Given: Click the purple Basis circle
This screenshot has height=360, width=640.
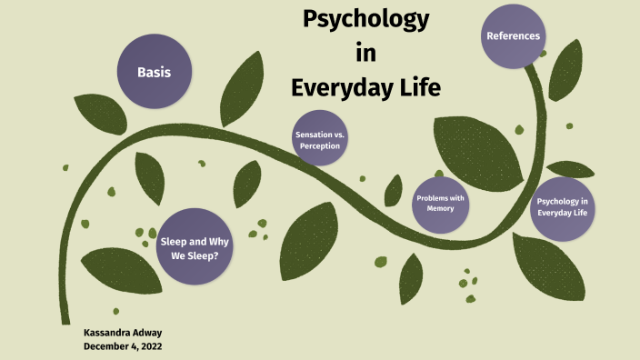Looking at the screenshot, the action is (154, 71).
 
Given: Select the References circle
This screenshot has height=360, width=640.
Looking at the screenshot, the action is (513, 36).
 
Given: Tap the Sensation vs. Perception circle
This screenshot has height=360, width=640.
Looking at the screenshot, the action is (320, 139).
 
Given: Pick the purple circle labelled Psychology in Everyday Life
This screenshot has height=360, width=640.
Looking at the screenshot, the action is (562, 207).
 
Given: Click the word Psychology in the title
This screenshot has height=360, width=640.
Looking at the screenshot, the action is (365, 19).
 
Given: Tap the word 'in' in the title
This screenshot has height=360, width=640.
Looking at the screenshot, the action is (365, 54).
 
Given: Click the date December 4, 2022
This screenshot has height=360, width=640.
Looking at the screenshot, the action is (122, 346).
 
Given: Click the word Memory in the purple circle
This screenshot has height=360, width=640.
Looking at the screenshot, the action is (440, 209).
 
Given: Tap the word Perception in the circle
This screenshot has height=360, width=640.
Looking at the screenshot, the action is (320, 145).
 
